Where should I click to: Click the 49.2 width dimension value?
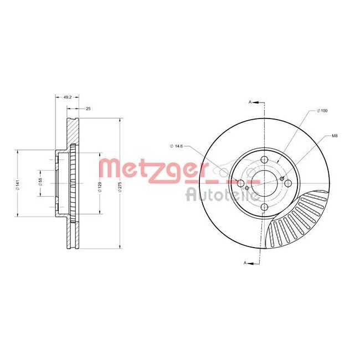(x=68, y=97)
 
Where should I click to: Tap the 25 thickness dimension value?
(x=88, y=109)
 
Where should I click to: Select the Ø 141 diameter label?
(x=18, y=185)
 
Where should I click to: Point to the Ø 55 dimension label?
(x=40, y=182)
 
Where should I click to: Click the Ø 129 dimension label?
(x=100, y=186)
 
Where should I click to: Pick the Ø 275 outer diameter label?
(x=119, y=186)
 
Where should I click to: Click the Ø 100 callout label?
(x=322, y=111)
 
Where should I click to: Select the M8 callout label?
(x=335, y=136)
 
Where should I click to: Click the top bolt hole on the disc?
(x=264, y=160)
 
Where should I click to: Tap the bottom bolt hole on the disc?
(x=264, y=208)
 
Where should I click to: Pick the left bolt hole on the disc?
(x=240, y=184)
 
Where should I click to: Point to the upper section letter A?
(x=250, y=102)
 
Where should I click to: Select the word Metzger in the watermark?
(x=149, y=169)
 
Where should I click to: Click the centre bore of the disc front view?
(x=264, y=184)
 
